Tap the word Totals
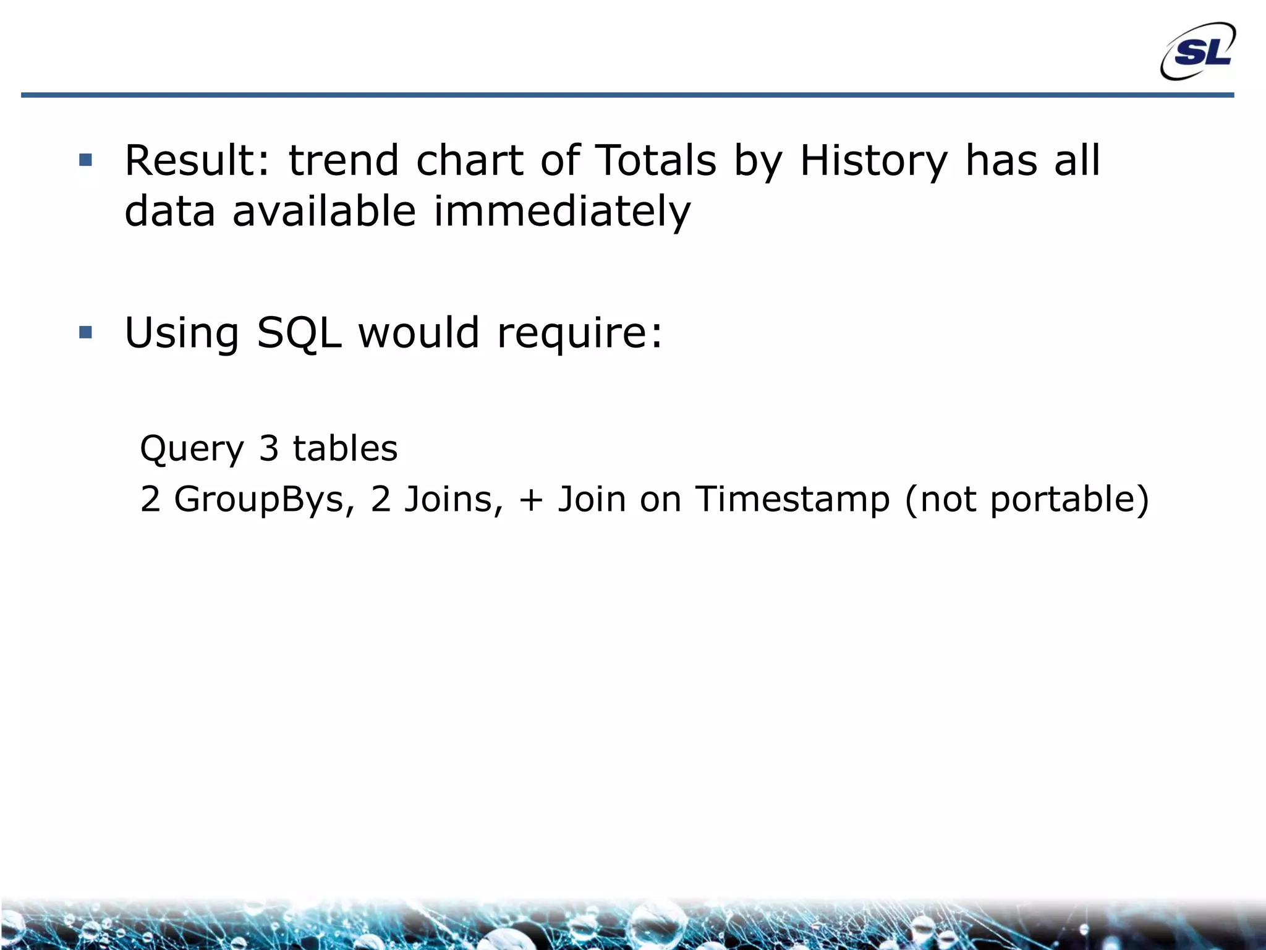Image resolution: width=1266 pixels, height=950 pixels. tap(655, 161)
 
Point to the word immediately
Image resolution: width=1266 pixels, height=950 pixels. tap(562, 212)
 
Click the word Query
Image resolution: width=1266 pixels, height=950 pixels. tap(192, 450)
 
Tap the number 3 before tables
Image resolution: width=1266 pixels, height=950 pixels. tap(269, 448)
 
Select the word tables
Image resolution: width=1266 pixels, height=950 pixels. tap(345, 448)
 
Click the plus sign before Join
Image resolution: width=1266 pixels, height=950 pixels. tap(531, 500)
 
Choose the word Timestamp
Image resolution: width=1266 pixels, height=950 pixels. tap(792, 500)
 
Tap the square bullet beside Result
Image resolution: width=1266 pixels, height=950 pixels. tap(86, 161)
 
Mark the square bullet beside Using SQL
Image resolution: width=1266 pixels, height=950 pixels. tap(86, 333)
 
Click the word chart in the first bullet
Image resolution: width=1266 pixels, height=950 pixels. tap(470, 161)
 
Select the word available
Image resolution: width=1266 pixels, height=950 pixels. tap(324, 212)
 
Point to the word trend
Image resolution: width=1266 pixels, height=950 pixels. tap(344, 161)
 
